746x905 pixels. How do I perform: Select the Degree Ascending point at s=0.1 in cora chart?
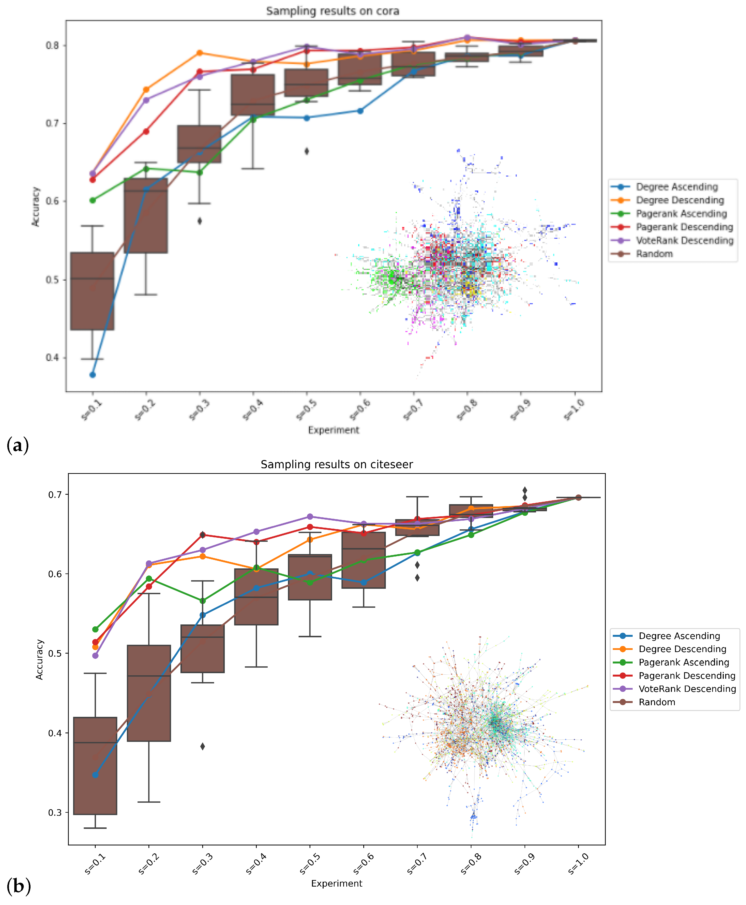[92, 375]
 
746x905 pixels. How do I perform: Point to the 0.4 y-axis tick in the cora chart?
[52, 357]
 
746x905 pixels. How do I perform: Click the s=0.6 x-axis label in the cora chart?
[360, 410]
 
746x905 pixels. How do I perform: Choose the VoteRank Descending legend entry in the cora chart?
[684, 241]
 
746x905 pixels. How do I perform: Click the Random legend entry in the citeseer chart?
[657, 702]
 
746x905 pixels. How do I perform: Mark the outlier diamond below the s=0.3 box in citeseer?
[202, 746]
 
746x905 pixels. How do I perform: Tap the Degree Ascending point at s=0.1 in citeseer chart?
[95, 775]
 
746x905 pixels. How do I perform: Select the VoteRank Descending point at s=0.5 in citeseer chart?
[310, 517]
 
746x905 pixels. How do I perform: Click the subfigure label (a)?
[18, 445]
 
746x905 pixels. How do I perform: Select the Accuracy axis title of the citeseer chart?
[39, 659]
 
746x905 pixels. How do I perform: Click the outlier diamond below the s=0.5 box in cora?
[307, 151]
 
